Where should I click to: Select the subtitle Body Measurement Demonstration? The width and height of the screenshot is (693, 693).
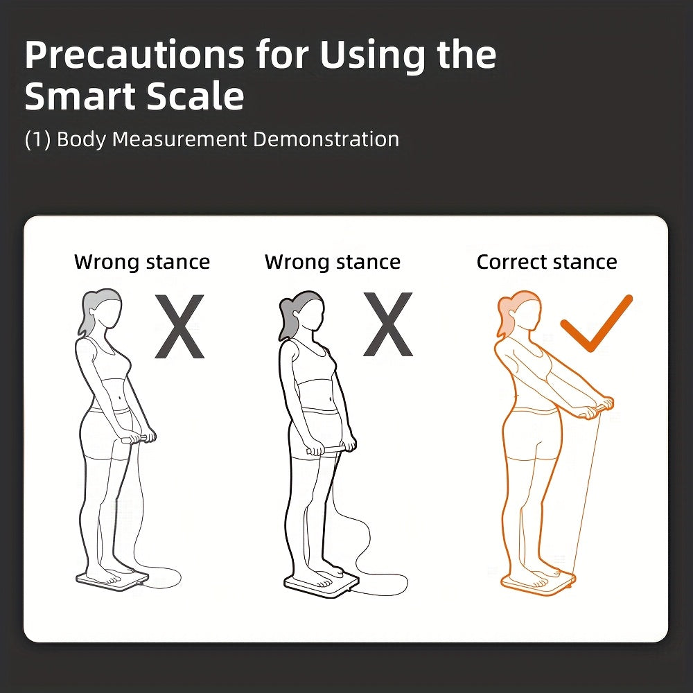[x=228, y=139]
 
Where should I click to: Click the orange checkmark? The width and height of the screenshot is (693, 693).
[x=597, y=324]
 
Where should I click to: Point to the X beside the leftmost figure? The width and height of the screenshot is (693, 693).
[x=180, y=326]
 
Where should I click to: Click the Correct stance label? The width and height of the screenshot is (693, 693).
[x=547, y=262]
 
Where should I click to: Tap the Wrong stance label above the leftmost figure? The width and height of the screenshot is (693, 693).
[x=142, y=262]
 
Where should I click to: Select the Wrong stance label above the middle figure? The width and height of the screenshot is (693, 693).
[x=333, y=262]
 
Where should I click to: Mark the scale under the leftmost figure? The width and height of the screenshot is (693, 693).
[x=112, y=579]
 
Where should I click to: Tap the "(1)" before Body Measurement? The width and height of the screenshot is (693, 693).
[x=38, y=139]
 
